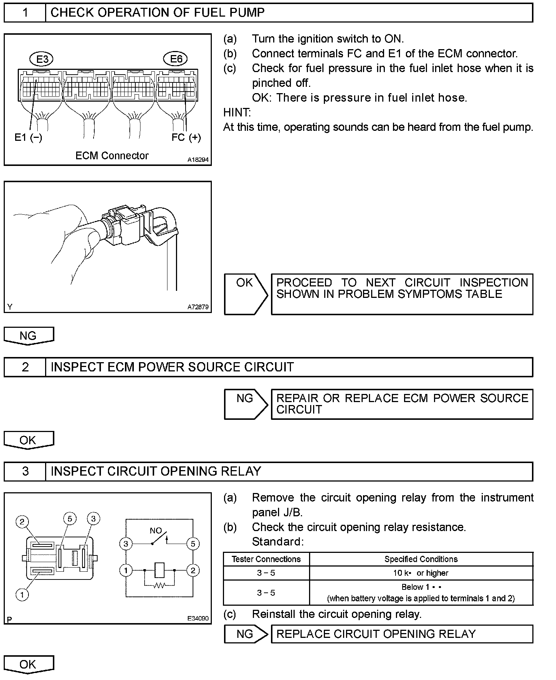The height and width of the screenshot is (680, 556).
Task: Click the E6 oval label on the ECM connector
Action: pos(176,59)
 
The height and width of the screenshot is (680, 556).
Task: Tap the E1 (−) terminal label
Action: pos(28,137)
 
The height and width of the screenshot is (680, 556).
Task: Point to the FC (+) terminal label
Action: pos(186,137)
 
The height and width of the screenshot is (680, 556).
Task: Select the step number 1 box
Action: pos(25,13)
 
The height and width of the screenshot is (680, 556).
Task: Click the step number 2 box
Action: pos(25,367)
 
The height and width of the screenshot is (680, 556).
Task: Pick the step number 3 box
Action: pos(25,471)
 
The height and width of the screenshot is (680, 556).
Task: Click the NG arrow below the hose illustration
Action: pos(28,336)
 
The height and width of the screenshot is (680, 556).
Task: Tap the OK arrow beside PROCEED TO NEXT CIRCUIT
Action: pos(245,294)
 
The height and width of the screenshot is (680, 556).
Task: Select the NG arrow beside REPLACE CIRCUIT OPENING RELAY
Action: pos(245,634)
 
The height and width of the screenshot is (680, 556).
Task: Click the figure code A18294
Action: pos(198,160)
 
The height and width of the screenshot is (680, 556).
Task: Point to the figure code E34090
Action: pos(198,618)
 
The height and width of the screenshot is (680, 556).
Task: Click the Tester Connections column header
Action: pos(266,559)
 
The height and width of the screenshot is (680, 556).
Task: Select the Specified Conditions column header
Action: pos(421,559)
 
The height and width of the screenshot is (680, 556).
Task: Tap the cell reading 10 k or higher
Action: pos(421,573)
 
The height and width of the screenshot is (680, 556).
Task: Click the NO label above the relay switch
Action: pos(156,531)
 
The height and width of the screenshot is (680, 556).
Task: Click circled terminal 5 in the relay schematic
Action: pos(193,544)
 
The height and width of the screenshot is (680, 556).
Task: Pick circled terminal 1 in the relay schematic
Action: pos(126,571)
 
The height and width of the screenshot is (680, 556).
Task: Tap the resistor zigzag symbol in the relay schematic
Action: pos(160,585)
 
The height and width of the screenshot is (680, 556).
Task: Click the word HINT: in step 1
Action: pos(237,112)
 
